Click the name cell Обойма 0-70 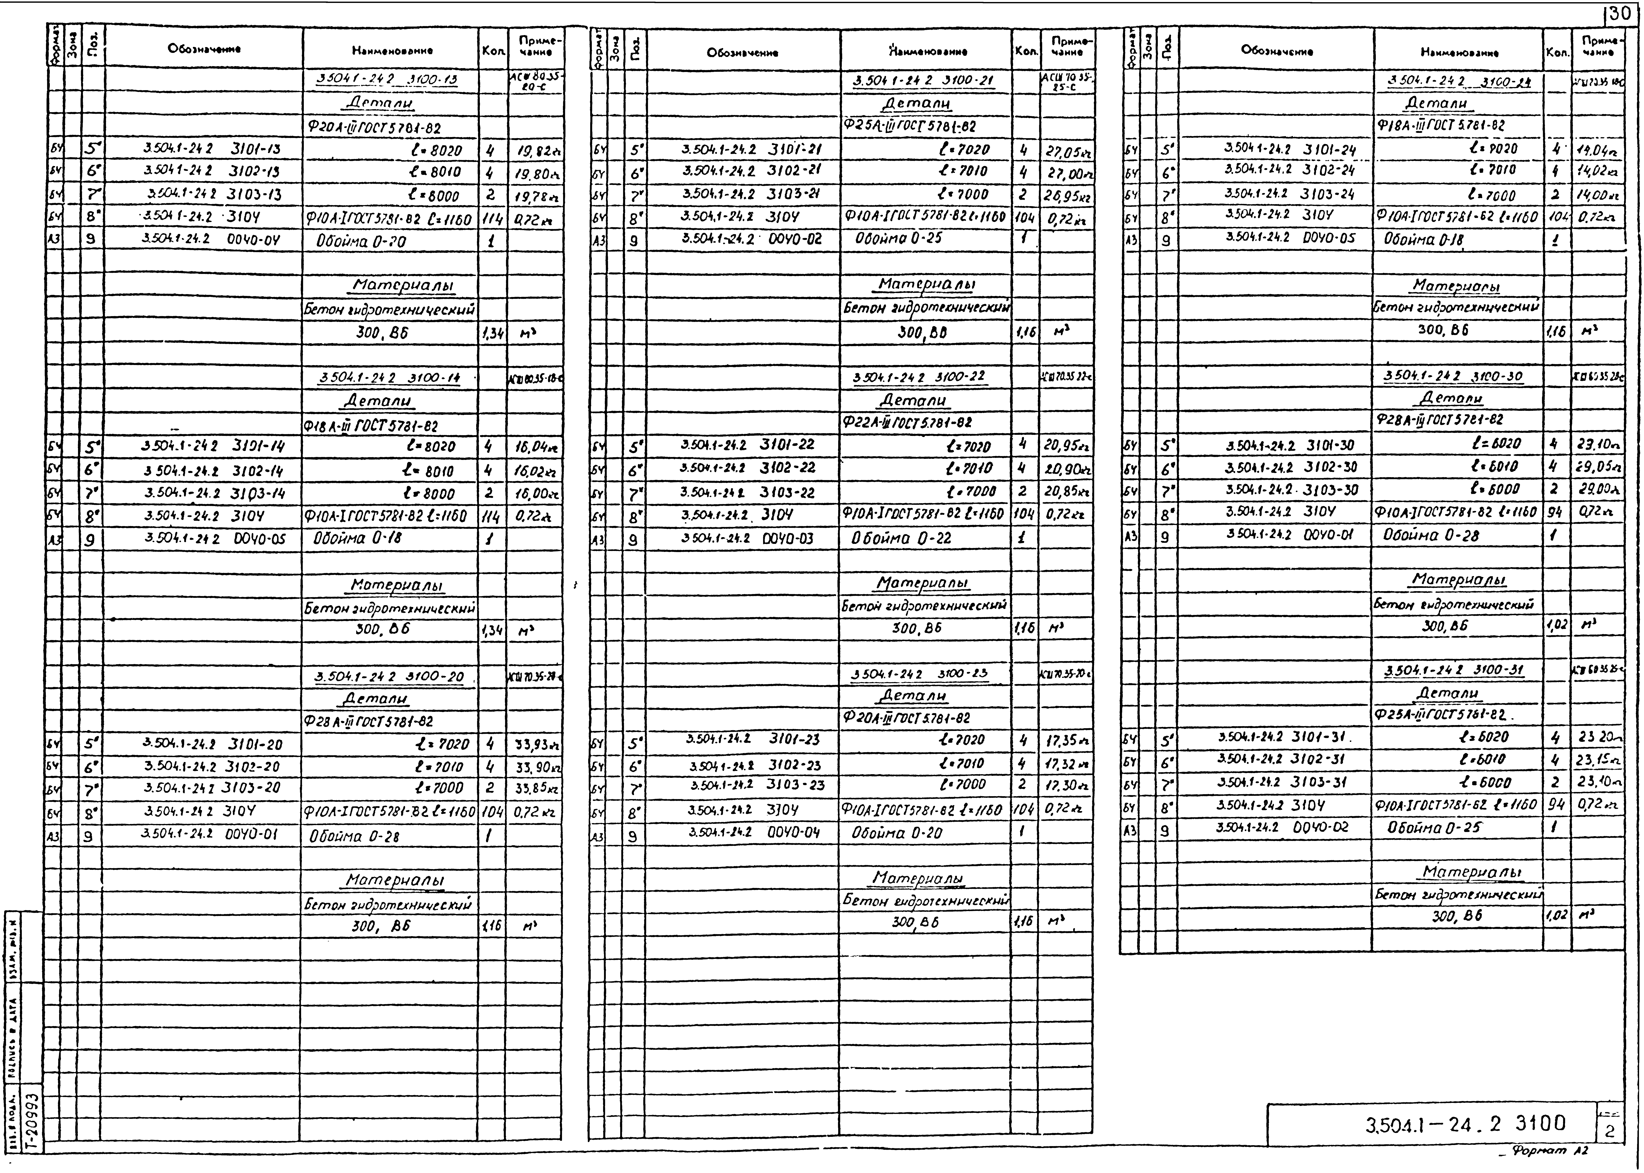pyautogui.click(x=361, y=241)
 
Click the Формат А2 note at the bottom pyautogui.click(x=1553, y=1150)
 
